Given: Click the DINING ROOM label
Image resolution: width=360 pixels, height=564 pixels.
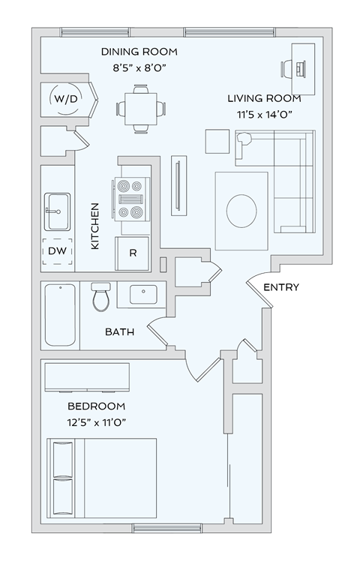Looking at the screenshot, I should pyautogui.click(x=139, y=52).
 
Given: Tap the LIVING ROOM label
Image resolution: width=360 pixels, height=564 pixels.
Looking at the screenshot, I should pyautogui.click(x=264, y=98).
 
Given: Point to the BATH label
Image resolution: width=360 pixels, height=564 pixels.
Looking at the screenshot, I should pyautogui.click(x=119, y=331).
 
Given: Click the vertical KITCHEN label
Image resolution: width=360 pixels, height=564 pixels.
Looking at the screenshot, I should pyautogui.click(x=95, y=226).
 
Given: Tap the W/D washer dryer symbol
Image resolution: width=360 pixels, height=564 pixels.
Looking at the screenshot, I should pyautogui.click(x=62, y=97).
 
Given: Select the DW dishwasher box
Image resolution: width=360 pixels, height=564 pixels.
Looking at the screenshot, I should pyautogui.click(x=57, y=251).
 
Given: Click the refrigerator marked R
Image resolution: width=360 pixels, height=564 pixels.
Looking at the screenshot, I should pyautogui.click(x=133, y=253).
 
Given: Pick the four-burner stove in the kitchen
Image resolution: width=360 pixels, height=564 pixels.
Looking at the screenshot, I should pyautogui.click(x=130, y=197).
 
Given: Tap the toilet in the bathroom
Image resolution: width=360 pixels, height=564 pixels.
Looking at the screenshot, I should pyautogui.click(x=100, y=297).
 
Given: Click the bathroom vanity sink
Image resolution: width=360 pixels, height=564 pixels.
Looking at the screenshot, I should pyautogui.click(x=142, y=294).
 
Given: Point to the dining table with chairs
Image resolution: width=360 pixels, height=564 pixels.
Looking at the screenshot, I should pyautogui.click(x=140, y=108).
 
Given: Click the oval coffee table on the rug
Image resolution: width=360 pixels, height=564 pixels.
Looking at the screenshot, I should pyautogui.click(x=241, y=210).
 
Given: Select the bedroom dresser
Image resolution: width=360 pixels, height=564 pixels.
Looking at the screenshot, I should pyautogui.click(x=86, y=377).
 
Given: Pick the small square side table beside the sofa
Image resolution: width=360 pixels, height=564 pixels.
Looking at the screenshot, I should pyautogui.click(x=217, y=142).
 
